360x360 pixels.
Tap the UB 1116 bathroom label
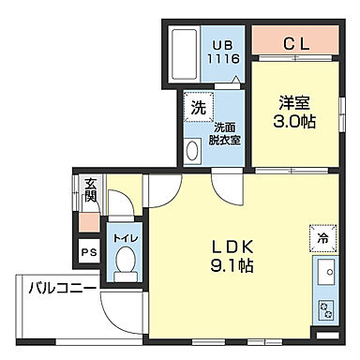[x=226, y=51]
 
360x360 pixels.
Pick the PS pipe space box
[x=88, y=251]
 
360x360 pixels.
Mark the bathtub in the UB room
[x=183, y=54]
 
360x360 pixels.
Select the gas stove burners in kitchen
[x=328, y=308]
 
